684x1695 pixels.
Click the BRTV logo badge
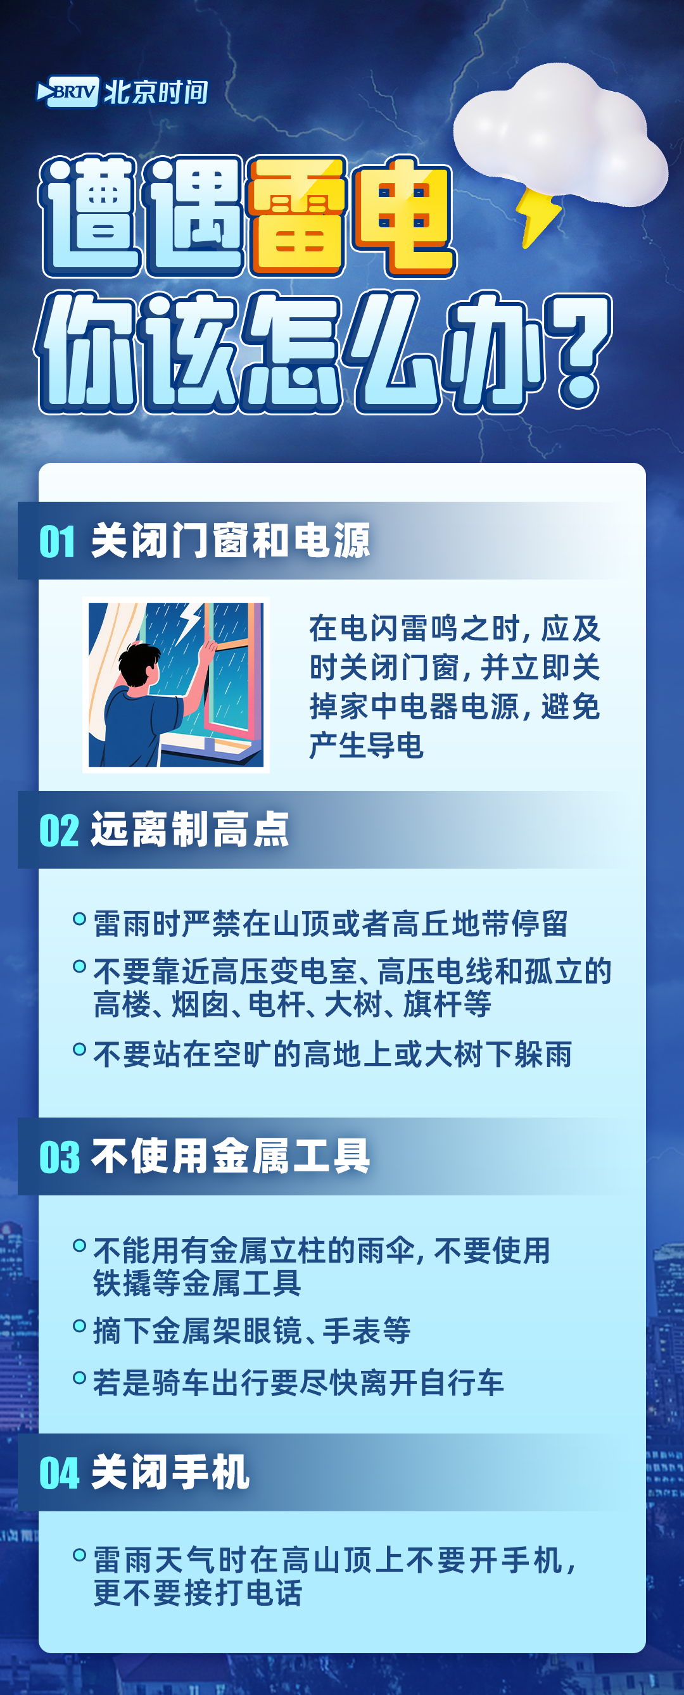click(x=68, y=91)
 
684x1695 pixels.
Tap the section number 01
click(x=57, y=542)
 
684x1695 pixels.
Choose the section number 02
click(x=59, y=830)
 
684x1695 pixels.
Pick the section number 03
click(x=60, y=1157)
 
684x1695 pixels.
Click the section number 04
click(x=60, y=1473)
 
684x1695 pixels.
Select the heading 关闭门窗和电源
click(x=231, y=541)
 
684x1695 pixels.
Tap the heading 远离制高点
click(x=189, y=829)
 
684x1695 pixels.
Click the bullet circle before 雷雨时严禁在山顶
click(x=79, y=919)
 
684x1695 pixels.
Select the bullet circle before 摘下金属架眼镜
click(x=79, y=1325)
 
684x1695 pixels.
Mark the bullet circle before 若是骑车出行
click(x=79, y=1377)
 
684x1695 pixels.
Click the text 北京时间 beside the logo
click(x=156, y=92)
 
